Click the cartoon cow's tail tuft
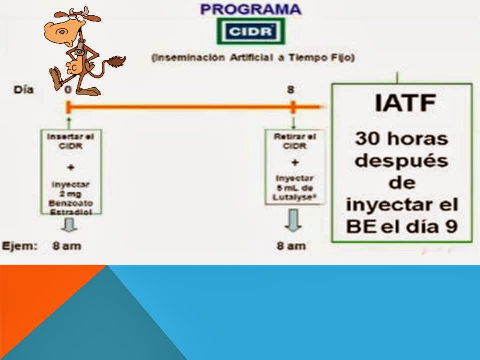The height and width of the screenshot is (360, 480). (x=118, y=62)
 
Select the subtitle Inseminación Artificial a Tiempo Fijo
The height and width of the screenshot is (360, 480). (x=253, y=58)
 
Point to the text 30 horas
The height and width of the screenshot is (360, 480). (x=402, y=138)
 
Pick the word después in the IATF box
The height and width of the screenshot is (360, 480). (x=402, y=160)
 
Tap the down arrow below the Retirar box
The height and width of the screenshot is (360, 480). (x=293, y=220)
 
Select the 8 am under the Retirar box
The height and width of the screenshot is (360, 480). (x=291, y=246)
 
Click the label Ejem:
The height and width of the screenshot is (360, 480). (x=20, y=246)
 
